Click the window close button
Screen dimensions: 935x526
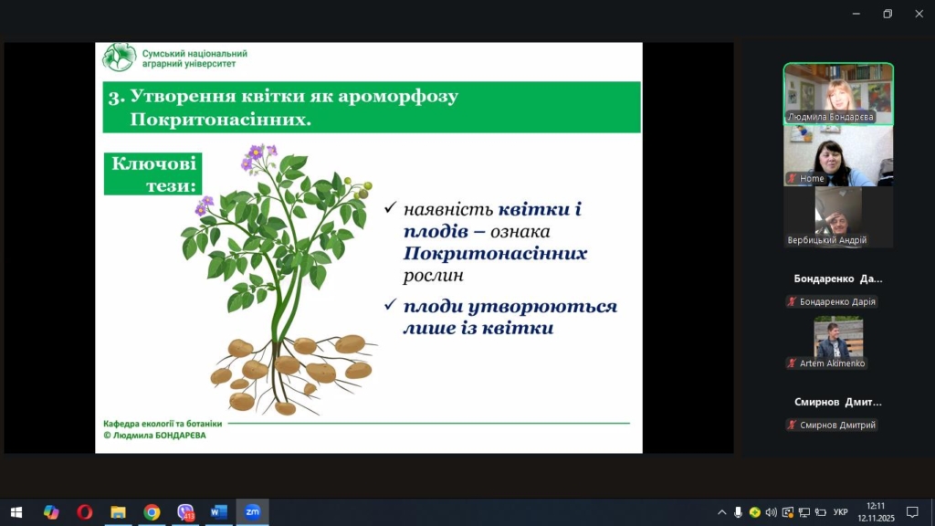pos(919,14)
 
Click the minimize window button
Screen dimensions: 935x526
pos(856,14)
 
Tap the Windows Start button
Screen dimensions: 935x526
pos(16,512)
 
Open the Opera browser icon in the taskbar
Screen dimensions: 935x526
pos(85,512)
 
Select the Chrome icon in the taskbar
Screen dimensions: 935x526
pos(152,512)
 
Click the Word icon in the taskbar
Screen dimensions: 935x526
pos(219,512)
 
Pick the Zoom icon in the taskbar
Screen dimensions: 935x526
pos(253,511)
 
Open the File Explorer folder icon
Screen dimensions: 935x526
pos(118,512)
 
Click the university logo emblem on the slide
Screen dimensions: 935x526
pos(119,58)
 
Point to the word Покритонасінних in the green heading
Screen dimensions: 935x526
pos(221,120)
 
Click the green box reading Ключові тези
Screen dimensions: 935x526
pos(152,174)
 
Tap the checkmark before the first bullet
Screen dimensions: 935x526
pos(391,207)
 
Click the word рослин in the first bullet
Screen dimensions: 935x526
pos(434,276)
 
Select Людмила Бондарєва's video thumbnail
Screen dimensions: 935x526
pos(838,94)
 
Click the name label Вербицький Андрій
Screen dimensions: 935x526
pos(827,240)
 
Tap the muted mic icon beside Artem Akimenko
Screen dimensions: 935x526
pos(792,363)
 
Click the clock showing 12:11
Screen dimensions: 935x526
pos(876,506)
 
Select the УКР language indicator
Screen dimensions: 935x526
pos(841,512)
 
